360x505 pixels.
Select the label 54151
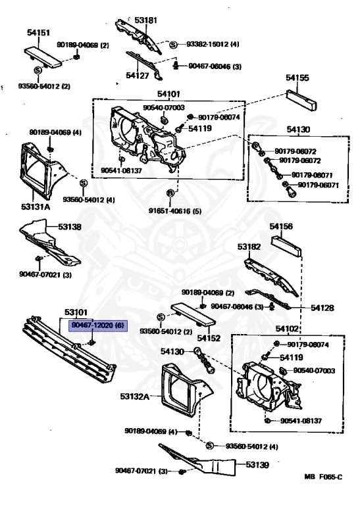(x=39, y=32)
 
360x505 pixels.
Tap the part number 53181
(x=146, y=20)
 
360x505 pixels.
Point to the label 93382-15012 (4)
(x=211, y=45)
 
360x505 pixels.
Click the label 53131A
(x=36, y=206)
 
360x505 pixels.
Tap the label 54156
(x=281, y=226)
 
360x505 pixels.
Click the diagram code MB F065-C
(x=323, y=494)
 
